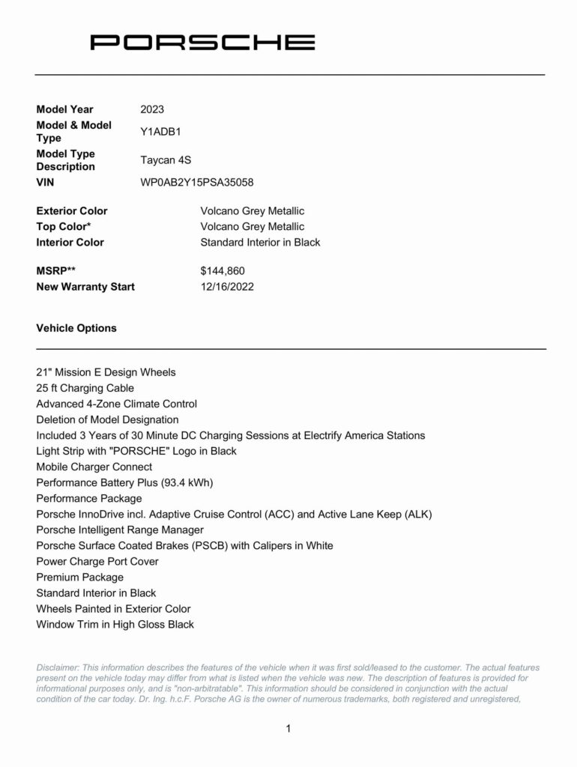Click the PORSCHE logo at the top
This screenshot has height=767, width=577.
[202, 42]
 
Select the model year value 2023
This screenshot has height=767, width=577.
[152, 109]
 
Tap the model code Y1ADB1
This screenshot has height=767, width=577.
[160, 132]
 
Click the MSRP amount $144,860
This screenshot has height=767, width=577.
[223, 271]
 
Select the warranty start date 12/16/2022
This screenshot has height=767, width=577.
[227, 287]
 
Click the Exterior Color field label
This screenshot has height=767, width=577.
[72, 211]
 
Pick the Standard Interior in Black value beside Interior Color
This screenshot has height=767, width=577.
[260, 243]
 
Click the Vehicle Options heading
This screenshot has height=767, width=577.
[76, 328]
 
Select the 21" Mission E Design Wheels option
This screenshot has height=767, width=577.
[106, 372]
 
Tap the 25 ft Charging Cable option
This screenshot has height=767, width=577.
[85, 388]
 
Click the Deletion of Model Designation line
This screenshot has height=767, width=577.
[107, 419]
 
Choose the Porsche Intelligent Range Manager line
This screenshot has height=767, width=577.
[121, 530]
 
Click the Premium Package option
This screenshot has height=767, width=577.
[79, 577]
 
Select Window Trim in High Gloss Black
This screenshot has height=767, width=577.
[115, 624]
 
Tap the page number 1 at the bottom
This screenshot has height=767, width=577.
[288, 728]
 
